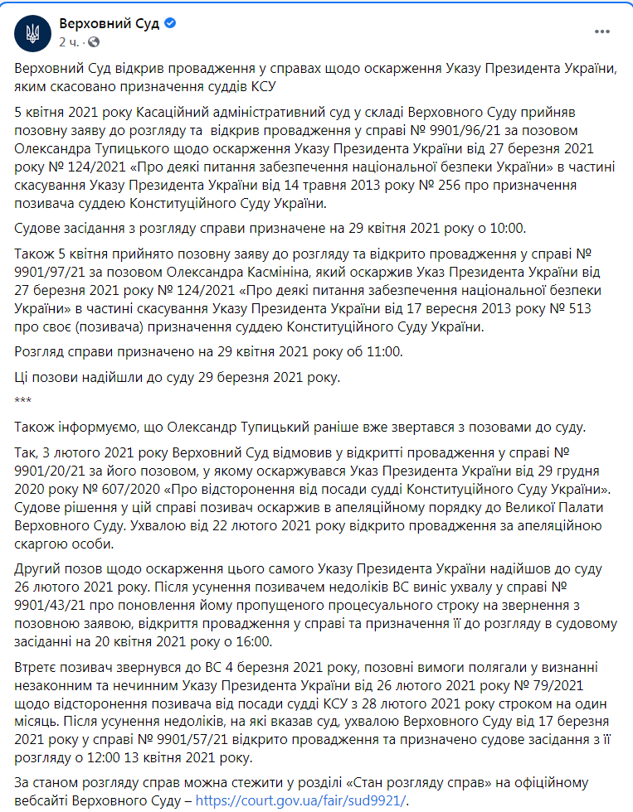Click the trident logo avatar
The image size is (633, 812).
pos(32,32)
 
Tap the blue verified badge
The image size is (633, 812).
pos(169,24)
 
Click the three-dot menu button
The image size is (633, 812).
pos(602,32)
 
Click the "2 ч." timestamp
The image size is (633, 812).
pos(69,41)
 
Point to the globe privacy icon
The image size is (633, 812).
pos(93,41)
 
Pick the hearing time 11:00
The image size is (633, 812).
pos(385,352)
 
